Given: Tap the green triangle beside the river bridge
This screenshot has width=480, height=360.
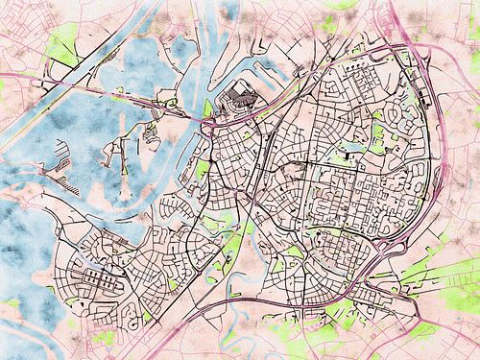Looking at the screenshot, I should point(207,108).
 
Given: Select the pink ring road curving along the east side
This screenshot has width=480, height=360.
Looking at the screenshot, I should point(437,154).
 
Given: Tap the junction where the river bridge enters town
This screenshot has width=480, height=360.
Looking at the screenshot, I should point(205,121).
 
